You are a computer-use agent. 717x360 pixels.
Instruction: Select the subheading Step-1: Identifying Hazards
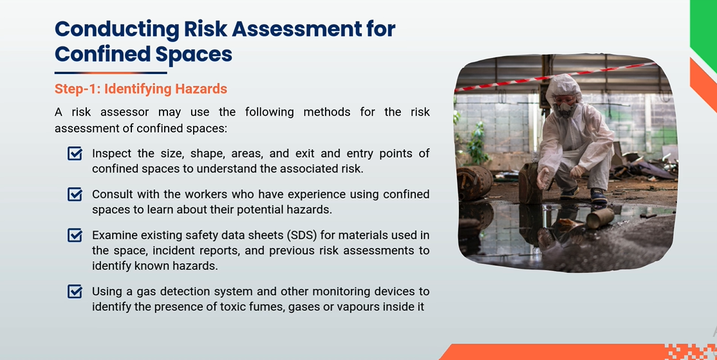(x=141, y=89)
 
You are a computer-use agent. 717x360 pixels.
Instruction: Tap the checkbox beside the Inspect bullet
(x=75, y=153)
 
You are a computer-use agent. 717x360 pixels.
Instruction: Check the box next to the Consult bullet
(x=75, y=194)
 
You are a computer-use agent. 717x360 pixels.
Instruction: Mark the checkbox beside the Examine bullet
(x=75, y=236)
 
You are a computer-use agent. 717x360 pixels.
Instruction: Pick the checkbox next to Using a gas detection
(x=75, y=291)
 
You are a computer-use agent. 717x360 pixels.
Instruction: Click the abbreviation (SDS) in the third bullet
(x=301, y=236)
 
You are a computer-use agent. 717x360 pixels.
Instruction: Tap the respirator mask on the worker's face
(x=565, y=109)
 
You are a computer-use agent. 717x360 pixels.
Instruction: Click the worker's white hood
(x=563, y=90)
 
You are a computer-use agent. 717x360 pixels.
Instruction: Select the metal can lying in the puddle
(x=600, y=218)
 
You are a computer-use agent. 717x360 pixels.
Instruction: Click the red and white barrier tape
(x=555, y=77)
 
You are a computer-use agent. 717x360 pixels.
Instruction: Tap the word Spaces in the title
(x=194, y=55)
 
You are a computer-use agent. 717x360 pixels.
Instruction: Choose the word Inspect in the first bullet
(x=111, y=153)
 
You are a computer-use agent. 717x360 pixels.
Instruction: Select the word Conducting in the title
(x=116, y=29)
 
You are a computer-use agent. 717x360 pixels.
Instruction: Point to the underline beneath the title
(x=111, y=73)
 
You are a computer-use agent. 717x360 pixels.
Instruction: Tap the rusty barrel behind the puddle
(x=474, y=183)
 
